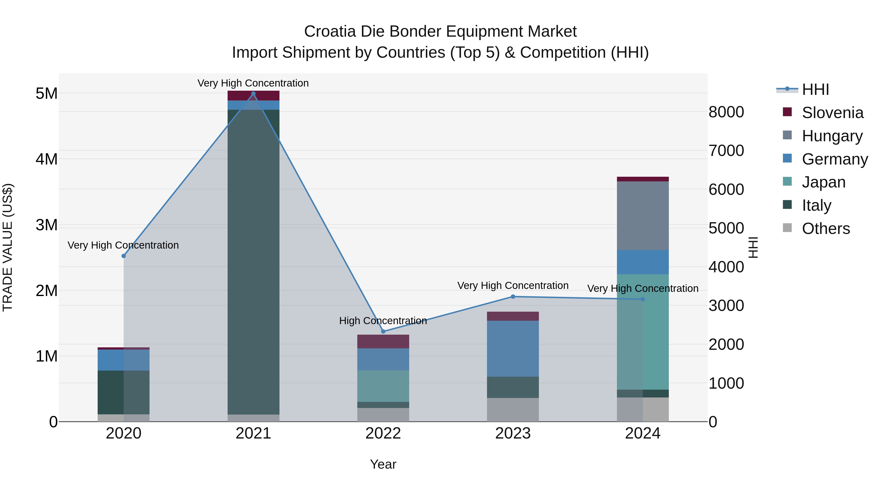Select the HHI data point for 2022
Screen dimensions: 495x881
pos(383,331)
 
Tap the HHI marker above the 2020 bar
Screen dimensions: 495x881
pos(124,256)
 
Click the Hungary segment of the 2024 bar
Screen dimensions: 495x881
pos(643,216)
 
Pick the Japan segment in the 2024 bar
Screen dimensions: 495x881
pos(643,331)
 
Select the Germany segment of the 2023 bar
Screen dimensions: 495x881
pos(513,348)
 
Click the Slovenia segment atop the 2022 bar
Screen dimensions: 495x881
pos(383,341)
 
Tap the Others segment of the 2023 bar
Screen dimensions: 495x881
pos(513,410)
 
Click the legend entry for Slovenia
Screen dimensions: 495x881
pos(832,113)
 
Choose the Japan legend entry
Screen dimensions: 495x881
pos(823,182)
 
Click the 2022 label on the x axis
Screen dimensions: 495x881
pos(383,433)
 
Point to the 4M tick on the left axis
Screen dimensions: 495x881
pos(46,159)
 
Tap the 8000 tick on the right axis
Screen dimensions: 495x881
pos(726,112)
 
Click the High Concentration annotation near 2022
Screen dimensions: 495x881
pos(383,320)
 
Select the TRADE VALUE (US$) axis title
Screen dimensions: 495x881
pos(8,247)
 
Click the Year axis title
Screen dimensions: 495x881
pos(383,464)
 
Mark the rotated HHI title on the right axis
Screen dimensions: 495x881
pos(753,247)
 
